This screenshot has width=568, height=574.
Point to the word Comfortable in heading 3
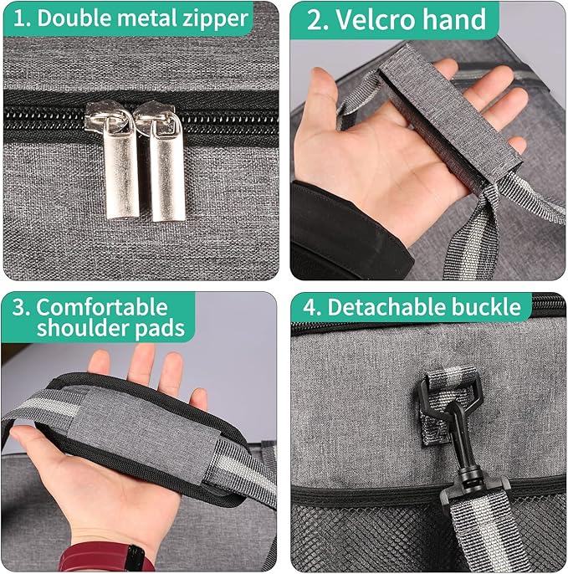102,307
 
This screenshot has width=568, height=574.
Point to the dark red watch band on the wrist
106,557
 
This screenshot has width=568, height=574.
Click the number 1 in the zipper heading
19,18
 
